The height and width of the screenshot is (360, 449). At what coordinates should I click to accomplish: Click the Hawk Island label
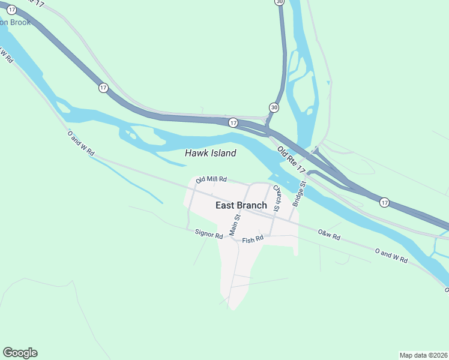[x=210, y=154]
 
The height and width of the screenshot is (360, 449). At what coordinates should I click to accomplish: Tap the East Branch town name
[x=241, y=205]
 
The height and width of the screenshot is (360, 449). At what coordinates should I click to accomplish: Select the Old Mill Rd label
[x=211, y=179]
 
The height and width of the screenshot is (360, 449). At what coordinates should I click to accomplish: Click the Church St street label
[x=277, y=199]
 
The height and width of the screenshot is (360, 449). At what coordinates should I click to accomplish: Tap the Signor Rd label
[x=209, y=234]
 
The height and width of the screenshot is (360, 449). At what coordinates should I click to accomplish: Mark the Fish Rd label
[x=253, y=240]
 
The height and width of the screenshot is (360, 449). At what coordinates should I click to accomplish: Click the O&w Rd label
[x=329, y=235]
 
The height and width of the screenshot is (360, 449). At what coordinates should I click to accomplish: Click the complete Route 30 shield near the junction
[x=274, y=107]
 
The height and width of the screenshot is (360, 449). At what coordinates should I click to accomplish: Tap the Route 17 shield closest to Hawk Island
[x=233, y=122]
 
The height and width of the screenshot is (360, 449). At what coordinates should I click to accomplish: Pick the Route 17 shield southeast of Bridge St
[x=384, y=203]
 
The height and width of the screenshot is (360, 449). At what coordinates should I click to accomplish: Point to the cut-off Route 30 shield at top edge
[x=280, y=2]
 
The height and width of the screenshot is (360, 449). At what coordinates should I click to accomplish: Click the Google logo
[x=20, y=353]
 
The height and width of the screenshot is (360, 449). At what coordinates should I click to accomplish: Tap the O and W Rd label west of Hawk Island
[x=81, y=144]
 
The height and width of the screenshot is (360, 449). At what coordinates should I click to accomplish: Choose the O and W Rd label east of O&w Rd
[x=391, y=256]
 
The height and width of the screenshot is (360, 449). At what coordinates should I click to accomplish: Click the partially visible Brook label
[x=16, y=22]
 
